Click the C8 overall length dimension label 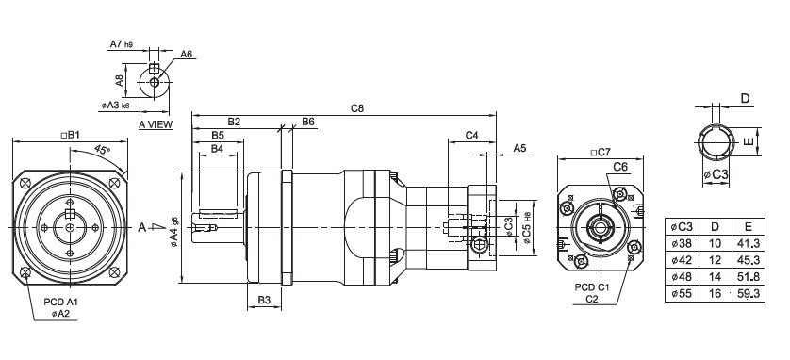tap(356, 108)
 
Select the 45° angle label tap(102, 149)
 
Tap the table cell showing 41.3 tap(749, 244)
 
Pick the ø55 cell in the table tap(682, 293)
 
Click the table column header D tap(715, 226)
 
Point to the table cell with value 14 tap(715, 277)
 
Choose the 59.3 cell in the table tap(749, 293)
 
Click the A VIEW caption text tap(156, 124)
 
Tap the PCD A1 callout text tap(60, 303)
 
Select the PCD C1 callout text tap(592, 287)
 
